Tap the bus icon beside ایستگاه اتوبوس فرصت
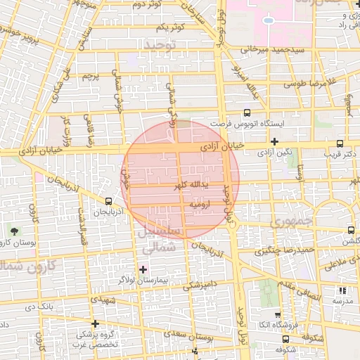[246, 112]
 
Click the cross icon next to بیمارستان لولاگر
[143, 269]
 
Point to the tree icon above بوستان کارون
[15, 231]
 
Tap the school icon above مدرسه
[343, 290]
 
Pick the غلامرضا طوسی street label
[308, 83]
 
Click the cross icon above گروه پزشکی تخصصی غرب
[95, 323]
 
